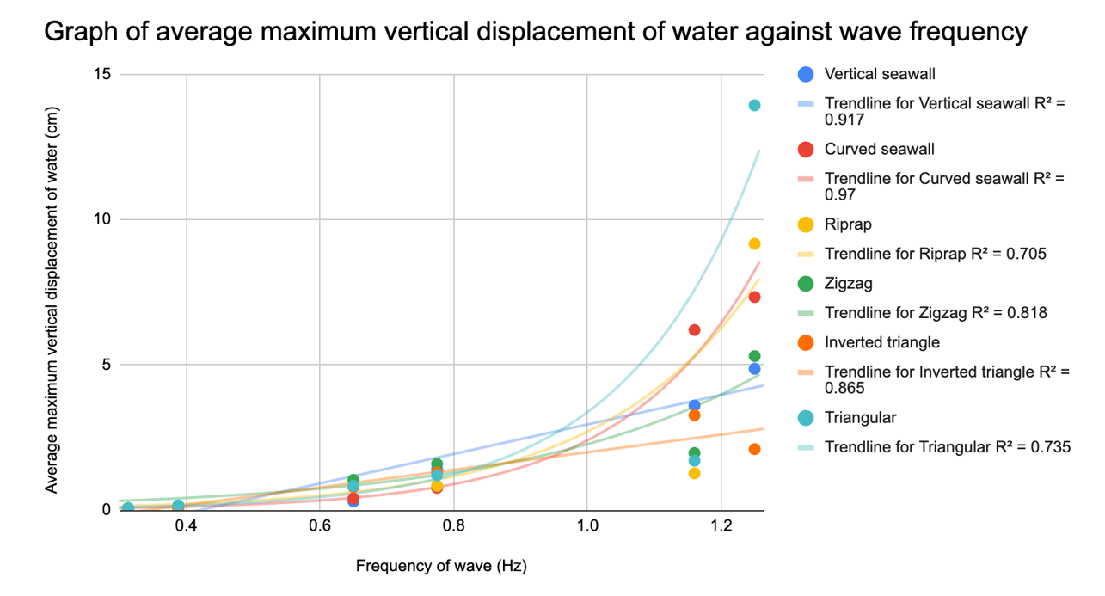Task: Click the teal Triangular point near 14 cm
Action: pyautogui.click(x=754, y=105)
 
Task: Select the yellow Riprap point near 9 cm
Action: pyautogui.click(x=754, y=244)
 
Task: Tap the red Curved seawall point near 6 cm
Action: pyautogui.click(x=694, y=329)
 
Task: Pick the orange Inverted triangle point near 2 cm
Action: pyautogui.click(x=754, y=449)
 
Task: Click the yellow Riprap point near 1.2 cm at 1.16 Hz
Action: pyautogui.click(x=694, y=473)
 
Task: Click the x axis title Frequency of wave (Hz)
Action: pyautogui.click(x=441, y=567)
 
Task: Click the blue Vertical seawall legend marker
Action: pyautogui.click(x=806, y=74)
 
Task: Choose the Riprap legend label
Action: pyautogui.click(x=848, y=224)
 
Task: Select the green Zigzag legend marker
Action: pyautogui.click(x=806, y=283)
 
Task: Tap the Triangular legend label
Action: pyautogui.click(x=860, y=418)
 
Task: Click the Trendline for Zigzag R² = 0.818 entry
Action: pyautogui.click(x=936, y=313)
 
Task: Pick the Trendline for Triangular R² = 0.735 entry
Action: pyautogui.click(x=947, y=447)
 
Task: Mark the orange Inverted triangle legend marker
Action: pyautogui.click(x=806, y=342)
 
